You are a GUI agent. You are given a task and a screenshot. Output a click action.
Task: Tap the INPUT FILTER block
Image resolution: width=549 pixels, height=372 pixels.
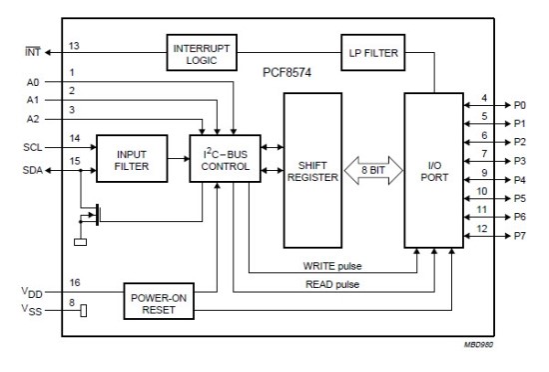130,158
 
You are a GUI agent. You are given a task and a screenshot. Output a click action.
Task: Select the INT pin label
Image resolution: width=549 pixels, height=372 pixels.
31,46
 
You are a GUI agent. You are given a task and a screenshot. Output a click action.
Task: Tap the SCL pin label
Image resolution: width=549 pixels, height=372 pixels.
31,145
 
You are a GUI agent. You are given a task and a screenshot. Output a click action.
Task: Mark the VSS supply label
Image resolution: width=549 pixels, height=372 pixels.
31,311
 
